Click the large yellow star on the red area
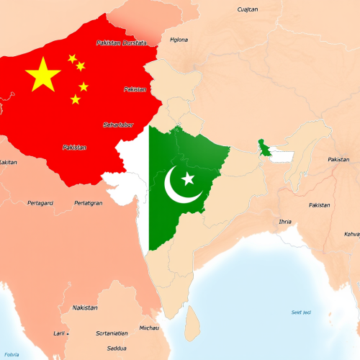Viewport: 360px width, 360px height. pyautogui.click(x=43, y=74)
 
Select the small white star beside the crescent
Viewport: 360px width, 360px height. pyautogui.click(x=189, y=178)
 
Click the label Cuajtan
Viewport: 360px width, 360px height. pyautogui.click(x=248, y=9)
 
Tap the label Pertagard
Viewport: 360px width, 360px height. pyautogui.click(x=40, y=203)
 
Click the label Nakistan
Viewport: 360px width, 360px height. pyautogui.click(x=85, y=307)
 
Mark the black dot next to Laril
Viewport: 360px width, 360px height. pyautogui.click(x=68, y=333)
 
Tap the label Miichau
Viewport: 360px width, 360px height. pyautogui.click(x=149, y=328)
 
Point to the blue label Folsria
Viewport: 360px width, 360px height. pyautogui.click(x=12, y=354)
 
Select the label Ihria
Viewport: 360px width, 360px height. pyautogui.click(x=285, y=221)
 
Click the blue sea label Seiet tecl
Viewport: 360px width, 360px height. pyautogui.click(x=301, y=312)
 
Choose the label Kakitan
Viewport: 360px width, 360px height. pyautogui.click(x=8, y=162)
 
